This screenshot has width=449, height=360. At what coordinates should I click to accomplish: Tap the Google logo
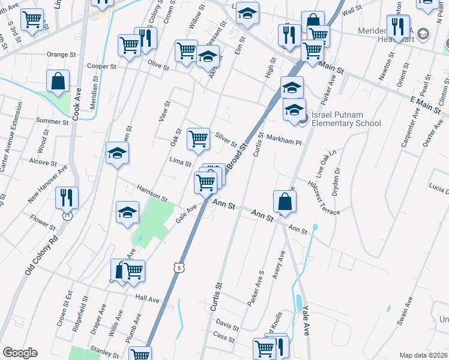click(x=20, y=353)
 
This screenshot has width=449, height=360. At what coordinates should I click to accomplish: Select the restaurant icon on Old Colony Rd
click(x=65, y=197)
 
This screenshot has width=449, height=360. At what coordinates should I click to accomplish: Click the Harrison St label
click(x=151, y=193)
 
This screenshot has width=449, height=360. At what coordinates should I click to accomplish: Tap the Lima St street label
click(x=180, y=163)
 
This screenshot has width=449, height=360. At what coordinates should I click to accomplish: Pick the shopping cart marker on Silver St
click(x=198, y=139)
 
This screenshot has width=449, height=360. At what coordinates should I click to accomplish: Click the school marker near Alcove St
click(x=117, y=153)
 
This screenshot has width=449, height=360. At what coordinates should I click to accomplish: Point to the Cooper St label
click(x=101, y=66)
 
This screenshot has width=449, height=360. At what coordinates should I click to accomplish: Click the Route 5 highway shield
click(x=178, y=267)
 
